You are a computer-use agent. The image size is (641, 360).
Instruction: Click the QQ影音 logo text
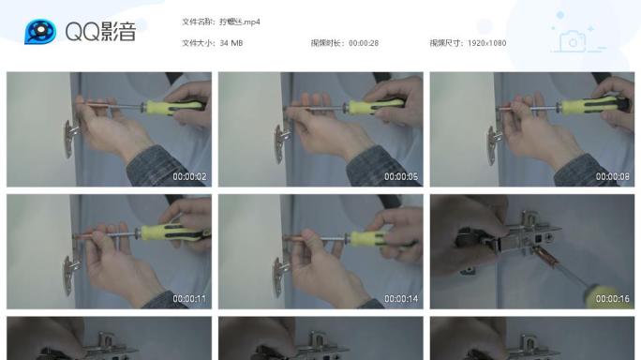coord(100,32)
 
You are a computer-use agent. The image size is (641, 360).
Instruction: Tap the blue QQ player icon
coord(39,32)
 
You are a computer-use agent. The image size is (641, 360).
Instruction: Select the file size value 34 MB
coord(231,43)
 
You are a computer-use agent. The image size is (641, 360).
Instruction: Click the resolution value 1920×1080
coord(487,43)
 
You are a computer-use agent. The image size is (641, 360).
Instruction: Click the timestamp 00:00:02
coord(189,177)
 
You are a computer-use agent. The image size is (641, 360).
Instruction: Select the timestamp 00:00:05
coord(401,177)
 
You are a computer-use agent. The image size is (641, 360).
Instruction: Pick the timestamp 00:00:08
coord(613,177)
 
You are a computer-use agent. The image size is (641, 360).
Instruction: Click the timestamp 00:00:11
coord(189,299)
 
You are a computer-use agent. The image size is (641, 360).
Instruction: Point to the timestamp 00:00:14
coord(401,299)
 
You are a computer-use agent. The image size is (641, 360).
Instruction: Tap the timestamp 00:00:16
coord(613,299)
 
